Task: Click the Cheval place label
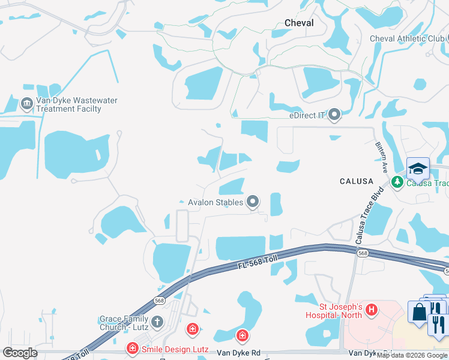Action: (299, 22)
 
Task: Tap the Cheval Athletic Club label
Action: (406, 38)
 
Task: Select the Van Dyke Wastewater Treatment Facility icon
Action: (26, 104)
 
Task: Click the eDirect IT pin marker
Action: (334, 114)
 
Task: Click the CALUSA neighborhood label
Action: (357, 181)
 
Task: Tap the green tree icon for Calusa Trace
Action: (396, 182)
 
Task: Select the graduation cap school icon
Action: (418, 169)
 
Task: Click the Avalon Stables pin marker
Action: (253, 202)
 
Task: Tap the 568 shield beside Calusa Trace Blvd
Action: (362, 254)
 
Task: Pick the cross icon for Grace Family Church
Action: (157, 322)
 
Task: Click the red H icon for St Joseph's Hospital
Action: (372, 310)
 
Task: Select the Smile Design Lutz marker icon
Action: (132, 347)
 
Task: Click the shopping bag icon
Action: (418, 312)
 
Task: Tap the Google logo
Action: (19, 353)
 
